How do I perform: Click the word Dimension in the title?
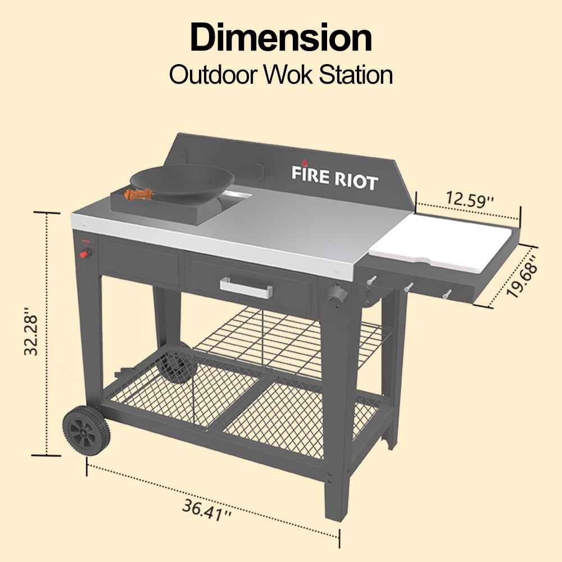[280, 38]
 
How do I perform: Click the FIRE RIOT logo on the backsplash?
[334, 178]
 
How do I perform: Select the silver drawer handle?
[246, 288]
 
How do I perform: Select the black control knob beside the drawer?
[336, 294]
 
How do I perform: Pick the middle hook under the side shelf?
[409, 287]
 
